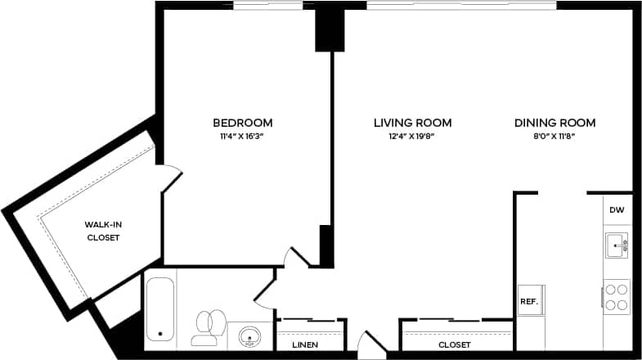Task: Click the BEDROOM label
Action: point(242,123)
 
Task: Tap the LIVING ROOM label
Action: point(412,123)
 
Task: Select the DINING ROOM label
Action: point(554,123)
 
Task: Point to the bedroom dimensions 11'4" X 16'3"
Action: point(242,137)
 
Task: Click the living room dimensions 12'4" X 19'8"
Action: point(412,137)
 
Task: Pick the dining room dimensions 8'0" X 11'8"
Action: point(554,137)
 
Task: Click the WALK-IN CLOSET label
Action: point(103,231)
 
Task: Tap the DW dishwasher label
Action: point(617,210)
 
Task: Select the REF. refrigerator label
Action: point(529,302)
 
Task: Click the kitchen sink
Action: point(617,244)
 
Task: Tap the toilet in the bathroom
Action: point(209,326)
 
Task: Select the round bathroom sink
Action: point(249,337)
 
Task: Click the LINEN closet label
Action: point(305,345)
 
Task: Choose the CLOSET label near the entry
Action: point(454,345)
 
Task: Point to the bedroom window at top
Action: point(268,6)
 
